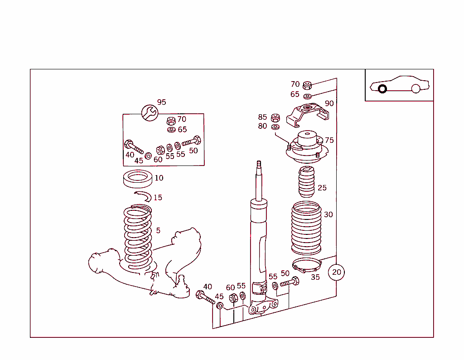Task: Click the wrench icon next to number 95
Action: tap(149, 112)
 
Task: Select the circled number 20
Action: tap(337, 272)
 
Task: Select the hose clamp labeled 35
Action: tap(306, 264)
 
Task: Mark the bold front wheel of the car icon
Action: tap(382, 89)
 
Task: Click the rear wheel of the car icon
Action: tap(416, 89)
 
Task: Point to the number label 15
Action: tap(158, 198)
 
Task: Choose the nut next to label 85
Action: tap(275, 118)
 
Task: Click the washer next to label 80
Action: tap(275, 126)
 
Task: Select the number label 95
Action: tap(162, 102)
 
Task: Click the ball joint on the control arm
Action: tap(182, 286)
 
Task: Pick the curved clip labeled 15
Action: tap(144, 195)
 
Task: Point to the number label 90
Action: tap(329, 103)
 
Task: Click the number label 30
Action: tap(328, 214)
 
